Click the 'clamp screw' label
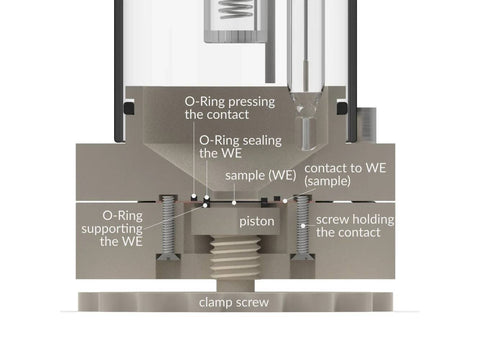[234, 303]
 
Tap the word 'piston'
[257, 222]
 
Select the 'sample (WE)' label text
[261, 176]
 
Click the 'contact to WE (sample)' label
[345, 174]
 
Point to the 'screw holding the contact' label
[355, 226]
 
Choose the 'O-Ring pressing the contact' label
[230, 108]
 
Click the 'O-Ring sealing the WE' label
[240, 147]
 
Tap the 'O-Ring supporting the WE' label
[112, 228]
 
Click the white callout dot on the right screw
[303, 226]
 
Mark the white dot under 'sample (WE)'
[234, 203]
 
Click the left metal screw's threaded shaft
[168, 225]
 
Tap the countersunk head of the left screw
[168, 257]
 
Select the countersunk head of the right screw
[303, 257]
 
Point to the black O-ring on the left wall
[129, 108]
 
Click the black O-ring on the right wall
[342, 108]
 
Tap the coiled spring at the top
[235, 9]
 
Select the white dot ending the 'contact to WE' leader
[285, 201]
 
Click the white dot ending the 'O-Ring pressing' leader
[194, 196]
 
